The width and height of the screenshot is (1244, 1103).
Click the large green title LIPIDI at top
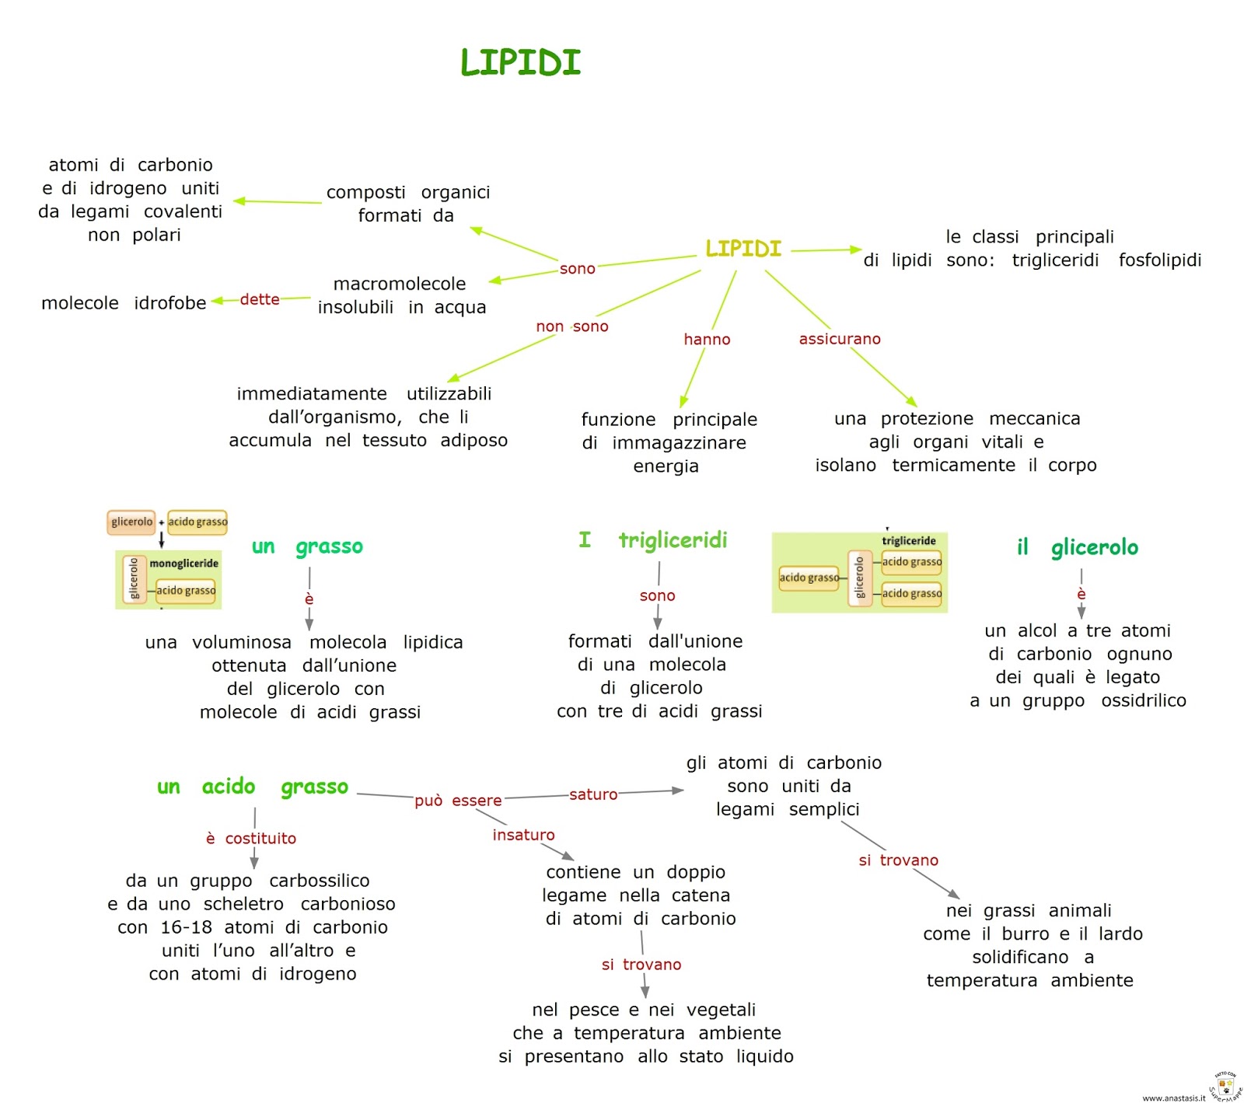coord(520,63)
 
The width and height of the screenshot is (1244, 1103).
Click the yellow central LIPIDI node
coord(743,249)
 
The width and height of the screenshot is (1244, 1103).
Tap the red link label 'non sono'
coord(571,326)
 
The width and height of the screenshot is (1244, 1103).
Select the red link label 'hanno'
coord(707,339)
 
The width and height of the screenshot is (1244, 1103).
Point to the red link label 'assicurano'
coord(840,339)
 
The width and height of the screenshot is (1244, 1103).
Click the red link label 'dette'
coord(260,299)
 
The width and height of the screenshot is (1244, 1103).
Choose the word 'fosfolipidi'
coord(1159,260)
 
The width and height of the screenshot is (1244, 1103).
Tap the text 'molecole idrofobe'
coord(124,303)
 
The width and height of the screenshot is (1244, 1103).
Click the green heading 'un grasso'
coord(307,546)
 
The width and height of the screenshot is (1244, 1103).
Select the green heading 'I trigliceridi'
coord(653,540)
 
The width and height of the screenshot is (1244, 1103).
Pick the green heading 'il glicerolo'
coord(1077,548)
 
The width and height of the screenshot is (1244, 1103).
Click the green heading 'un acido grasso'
coord(253,787)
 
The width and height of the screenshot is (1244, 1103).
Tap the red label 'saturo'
coord(593,794)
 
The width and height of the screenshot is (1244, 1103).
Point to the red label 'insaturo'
coord(523,835)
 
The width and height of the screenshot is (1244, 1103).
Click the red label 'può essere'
coord(458,801)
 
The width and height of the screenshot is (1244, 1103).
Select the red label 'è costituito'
coord(251,838)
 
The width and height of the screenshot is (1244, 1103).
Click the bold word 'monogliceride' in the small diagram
coord(183,564)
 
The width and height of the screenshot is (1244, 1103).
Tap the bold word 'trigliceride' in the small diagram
coord(908,541)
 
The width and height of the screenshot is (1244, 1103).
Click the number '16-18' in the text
coord(186,927)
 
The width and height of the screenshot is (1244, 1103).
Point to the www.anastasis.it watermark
coord(1173,1098)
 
